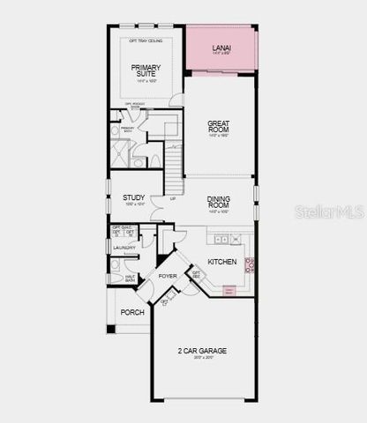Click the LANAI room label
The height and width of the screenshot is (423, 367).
221,47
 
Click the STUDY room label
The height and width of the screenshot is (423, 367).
133,197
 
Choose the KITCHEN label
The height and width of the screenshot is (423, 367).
221,262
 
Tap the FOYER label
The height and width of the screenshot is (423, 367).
168,276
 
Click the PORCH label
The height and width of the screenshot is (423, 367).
132,312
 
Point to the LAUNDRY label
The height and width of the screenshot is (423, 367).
124,248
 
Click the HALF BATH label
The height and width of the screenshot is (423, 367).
131,278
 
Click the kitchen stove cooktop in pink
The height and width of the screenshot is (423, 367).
250,263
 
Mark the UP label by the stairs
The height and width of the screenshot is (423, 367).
172,199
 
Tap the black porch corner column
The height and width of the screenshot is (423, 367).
110,329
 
